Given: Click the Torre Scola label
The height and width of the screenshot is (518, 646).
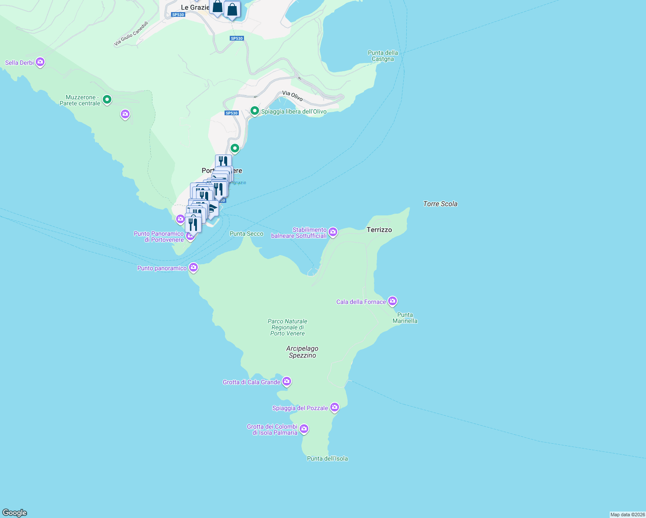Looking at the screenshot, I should [440, 204].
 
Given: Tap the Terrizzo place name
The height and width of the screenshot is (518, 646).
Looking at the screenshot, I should [379, 230].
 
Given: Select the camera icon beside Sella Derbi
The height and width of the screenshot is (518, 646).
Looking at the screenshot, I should [40, 63].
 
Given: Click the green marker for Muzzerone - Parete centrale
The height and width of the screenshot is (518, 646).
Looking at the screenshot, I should [107, 100].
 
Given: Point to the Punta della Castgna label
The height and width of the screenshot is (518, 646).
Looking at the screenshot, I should [383, 56].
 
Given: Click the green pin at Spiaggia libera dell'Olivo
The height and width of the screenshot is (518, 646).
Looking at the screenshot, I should [255, 111].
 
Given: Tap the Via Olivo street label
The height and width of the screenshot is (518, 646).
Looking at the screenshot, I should [292, 95].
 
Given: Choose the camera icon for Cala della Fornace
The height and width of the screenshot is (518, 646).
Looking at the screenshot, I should [392, 301].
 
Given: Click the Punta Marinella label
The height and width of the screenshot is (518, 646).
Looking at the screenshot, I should [405, 318].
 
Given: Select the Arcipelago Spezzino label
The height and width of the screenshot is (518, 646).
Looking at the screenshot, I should [302, 352].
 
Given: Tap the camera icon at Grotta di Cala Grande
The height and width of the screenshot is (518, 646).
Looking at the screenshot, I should [287, 382].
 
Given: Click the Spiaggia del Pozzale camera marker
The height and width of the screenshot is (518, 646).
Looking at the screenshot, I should [334, 407].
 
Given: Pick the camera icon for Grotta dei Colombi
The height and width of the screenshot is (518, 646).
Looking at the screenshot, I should [304, 429].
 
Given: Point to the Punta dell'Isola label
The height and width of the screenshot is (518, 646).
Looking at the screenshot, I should [327, 458].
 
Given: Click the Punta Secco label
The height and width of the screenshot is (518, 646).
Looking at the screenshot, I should [246, 234].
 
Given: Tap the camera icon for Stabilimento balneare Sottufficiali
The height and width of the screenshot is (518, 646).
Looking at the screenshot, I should [333, 232].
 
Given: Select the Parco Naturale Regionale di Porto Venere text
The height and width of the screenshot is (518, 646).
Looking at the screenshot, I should [288, 327].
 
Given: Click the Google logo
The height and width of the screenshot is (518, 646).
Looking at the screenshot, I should [15, 513].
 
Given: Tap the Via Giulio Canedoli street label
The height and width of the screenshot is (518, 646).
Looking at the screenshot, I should [131, 34].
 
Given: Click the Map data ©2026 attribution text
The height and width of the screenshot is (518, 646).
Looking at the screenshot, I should [627, 515].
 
